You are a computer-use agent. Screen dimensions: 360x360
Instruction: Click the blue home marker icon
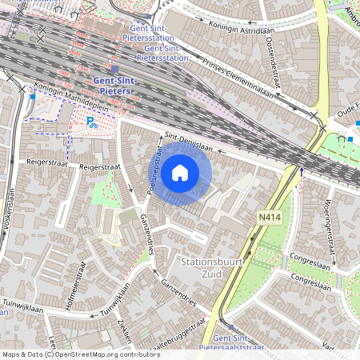pyautogui.click(x=180, y=172)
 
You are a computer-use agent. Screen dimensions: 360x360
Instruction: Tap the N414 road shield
pyautogui.click(x=268, y=217)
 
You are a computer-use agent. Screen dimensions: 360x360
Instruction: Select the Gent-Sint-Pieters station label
pyautogui.click(x=114, y=86)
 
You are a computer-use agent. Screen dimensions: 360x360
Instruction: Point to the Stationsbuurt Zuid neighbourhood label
pyautogui.click(x=212, y=267)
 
